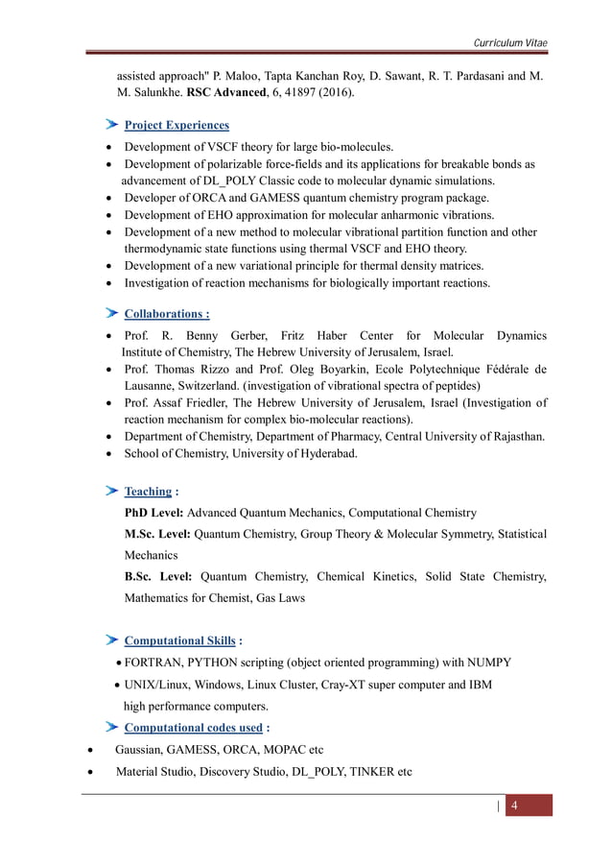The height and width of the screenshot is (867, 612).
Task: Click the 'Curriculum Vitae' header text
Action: (511, 43)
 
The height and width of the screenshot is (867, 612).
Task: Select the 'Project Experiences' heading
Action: (177, 125)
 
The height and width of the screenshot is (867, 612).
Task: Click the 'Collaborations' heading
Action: (165, 313)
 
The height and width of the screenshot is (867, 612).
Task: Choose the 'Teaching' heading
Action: (148, 491)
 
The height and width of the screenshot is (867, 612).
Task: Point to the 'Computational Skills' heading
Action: (179, 640)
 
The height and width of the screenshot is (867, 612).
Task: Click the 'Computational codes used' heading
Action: (193, 727)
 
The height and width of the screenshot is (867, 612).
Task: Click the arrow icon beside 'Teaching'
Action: (111, 491)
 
